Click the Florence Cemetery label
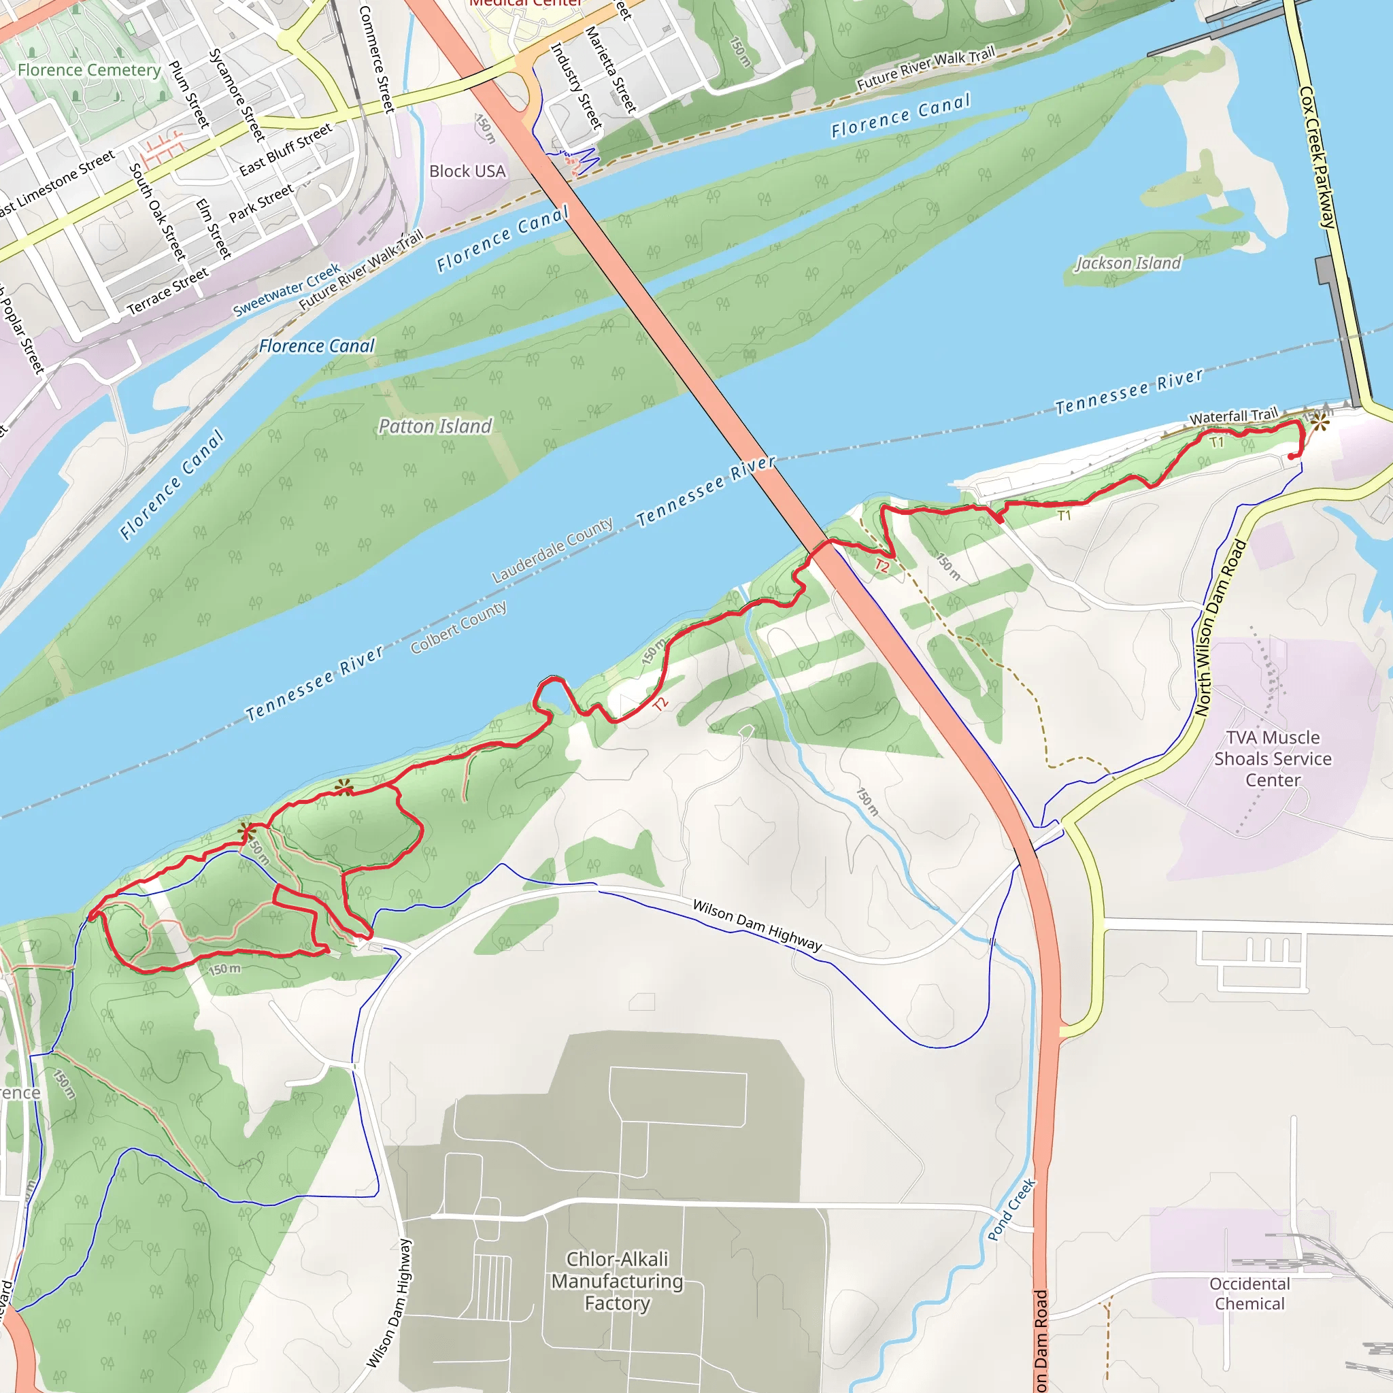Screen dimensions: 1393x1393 (x=89, y=70)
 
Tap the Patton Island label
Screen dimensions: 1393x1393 (x=435, y=426)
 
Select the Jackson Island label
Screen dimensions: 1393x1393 (x=1128, y=263)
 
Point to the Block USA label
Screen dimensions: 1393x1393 (x=467, y=171)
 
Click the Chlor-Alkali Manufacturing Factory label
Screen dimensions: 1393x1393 (x=617, y=1281)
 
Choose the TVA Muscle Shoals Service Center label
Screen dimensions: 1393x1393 (x=1273, y=758)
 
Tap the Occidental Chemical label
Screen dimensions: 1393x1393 (x=1249, y=1294)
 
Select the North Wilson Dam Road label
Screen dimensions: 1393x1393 (x=1220, y=628)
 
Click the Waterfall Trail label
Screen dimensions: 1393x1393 (x=1233, y=416)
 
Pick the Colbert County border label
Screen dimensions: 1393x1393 (x=458, y=627)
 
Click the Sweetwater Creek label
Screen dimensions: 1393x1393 (x=287, y=290)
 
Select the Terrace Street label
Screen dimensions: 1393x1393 (x=168, y=290)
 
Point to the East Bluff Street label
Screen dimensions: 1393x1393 (x=286, y=149)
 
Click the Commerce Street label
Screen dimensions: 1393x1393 (x=376, y=59)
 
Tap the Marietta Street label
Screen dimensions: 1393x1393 (x=611, y=70)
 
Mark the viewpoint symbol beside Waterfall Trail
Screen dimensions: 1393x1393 (x=1320, y=422)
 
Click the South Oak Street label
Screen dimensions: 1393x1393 (x=157, y=212)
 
